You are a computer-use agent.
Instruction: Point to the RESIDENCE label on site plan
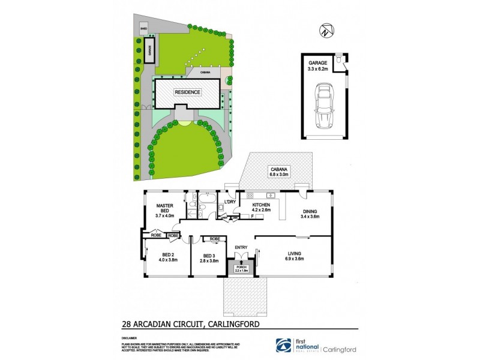[x=188, y=92]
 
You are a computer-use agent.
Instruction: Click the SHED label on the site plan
[x=143, y=28]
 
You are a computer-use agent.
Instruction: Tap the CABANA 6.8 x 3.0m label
[x=280, y=173]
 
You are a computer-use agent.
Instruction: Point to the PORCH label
[x=241, y=268]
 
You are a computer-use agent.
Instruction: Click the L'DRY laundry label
[x=229, y=202]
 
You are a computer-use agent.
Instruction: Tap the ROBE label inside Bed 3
[x=214, y=239]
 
